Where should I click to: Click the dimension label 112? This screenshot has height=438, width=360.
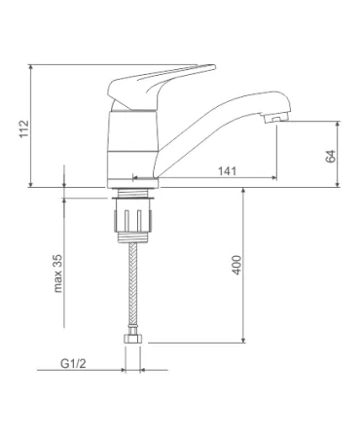coord(24,128)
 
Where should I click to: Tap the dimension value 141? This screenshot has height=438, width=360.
coord(227,171)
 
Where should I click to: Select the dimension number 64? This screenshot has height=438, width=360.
coord(330,157)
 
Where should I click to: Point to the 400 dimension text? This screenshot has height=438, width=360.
coord(236,265)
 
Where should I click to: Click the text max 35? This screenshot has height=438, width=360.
coord(57,274)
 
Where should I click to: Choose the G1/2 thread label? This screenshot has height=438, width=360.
coord(73,364)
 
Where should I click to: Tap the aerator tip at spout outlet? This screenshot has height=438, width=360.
coord(276,119)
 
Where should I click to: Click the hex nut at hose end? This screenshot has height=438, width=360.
coord(133,340)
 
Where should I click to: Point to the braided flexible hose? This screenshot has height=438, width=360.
coord(133,284)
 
